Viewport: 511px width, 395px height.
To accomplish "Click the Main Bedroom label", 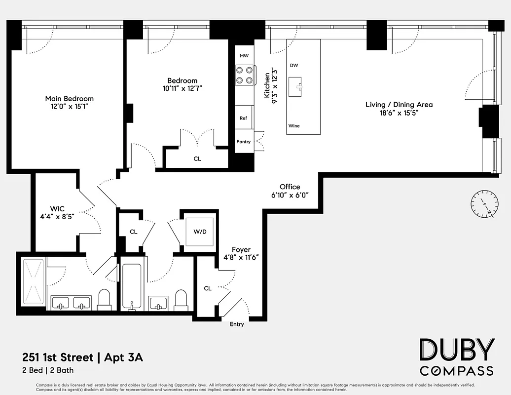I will pos(69,99).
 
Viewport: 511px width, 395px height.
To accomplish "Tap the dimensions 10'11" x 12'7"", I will pos(182,89).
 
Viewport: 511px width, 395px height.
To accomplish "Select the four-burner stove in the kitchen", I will pos(244,75).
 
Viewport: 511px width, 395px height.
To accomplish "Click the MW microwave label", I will pos(244,56).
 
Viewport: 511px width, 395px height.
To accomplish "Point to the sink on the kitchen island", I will pos(295,86).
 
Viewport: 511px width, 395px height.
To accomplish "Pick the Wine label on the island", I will pos(294,126).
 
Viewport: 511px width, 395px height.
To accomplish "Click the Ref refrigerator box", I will pos(244,118).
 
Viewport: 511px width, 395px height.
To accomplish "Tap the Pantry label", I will pos(244,142).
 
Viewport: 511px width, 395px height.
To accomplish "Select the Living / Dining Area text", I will pos(399,104).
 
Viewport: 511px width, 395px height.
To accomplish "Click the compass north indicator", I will pos(484,204).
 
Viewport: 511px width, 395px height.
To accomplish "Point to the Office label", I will pos(290,187).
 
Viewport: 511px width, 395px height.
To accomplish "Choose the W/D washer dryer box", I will pos(200,231).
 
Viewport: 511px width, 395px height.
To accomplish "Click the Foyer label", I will pos(241,250).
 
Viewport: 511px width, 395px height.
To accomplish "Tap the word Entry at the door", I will pos(237,324).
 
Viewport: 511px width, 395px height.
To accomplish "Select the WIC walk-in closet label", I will pos(57,208).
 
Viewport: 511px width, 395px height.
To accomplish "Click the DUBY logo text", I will pos(456,350).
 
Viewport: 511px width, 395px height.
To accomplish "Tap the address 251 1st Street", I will pos(57,357).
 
